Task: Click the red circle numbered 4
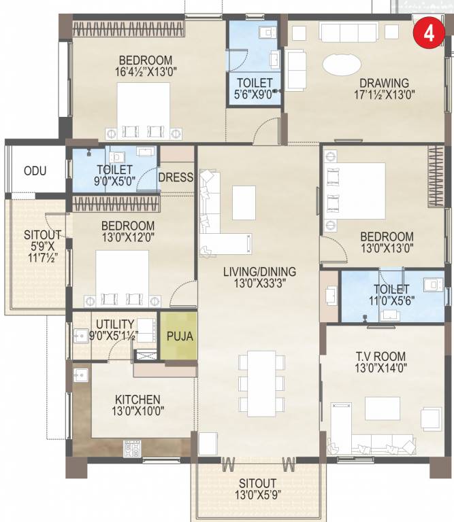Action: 429,33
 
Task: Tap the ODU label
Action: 35,171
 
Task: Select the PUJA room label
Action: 179,336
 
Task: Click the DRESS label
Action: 176,177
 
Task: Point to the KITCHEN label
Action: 137,399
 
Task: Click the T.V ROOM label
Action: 380,356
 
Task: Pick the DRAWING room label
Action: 385,84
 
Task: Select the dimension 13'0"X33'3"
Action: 258,285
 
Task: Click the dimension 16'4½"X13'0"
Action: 144,72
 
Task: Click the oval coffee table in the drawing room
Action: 342,66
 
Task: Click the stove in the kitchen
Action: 131,447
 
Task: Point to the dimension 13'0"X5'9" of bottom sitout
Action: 257,498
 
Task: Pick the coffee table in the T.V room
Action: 377,408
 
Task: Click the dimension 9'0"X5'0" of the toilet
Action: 115,181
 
